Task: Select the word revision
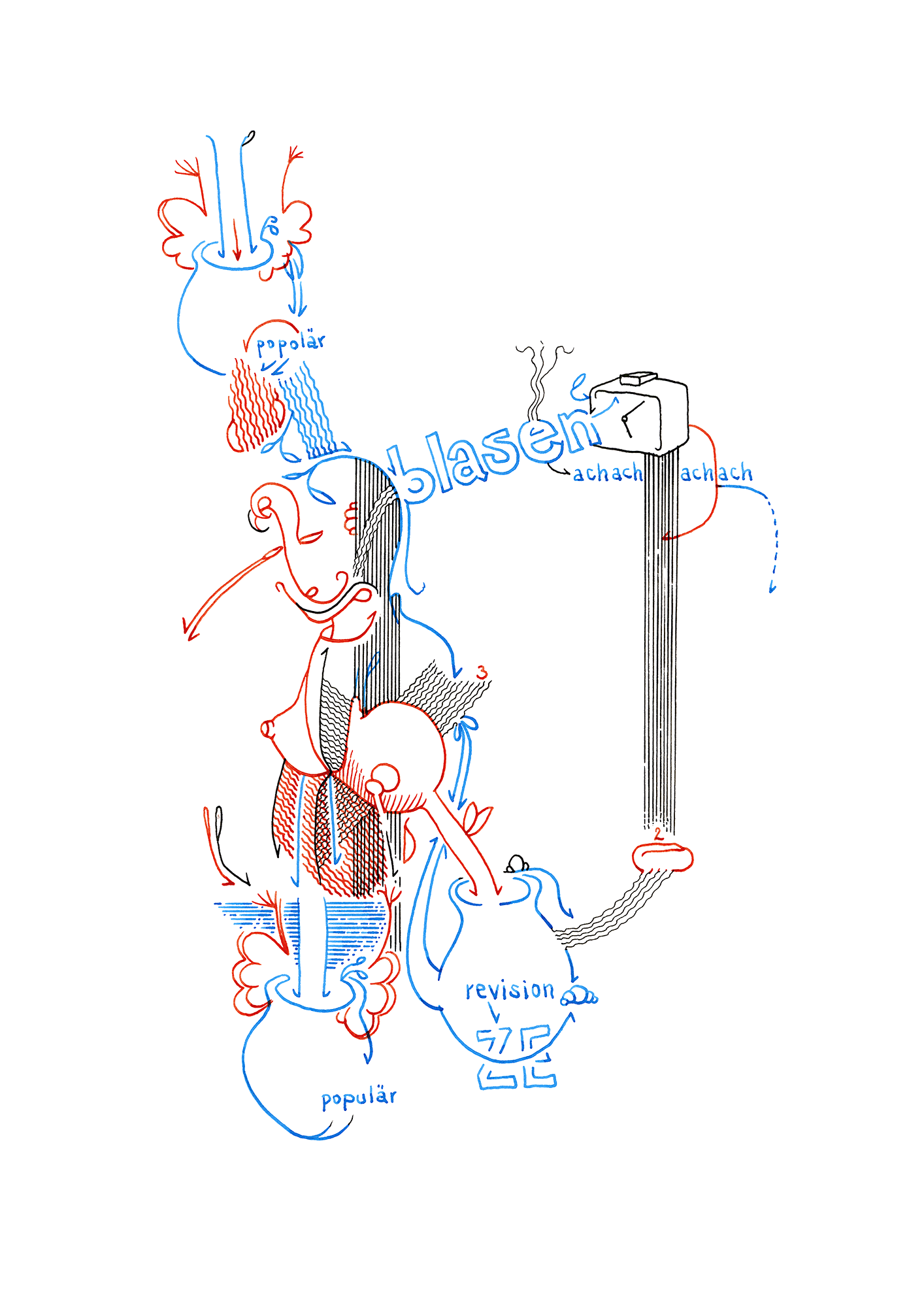510,990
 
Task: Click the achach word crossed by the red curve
716,472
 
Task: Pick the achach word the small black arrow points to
608,472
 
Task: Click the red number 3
482,672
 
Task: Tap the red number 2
658,834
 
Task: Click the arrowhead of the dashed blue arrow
772,589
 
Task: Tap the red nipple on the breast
267,728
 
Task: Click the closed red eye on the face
310,537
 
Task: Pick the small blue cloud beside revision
579,997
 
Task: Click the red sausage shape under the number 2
663,857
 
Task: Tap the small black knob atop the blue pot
517,864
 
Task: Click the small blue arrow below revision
495,1013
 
